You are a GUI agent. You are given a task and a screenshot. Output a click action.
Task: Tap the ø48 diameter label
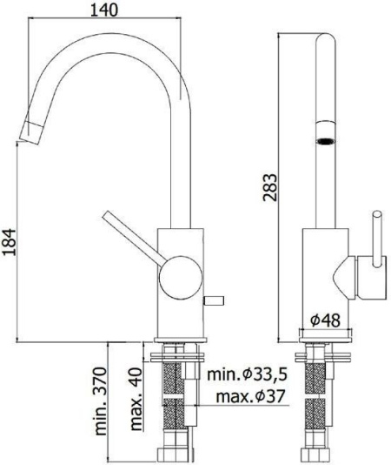[x=329, y=320]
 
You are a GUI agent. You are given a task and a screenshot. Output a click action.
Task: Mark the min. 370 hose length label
[x=103, y=401]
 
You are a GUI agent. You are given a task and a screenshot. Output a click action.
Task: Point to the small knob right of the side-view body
[x=212, y=300]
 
